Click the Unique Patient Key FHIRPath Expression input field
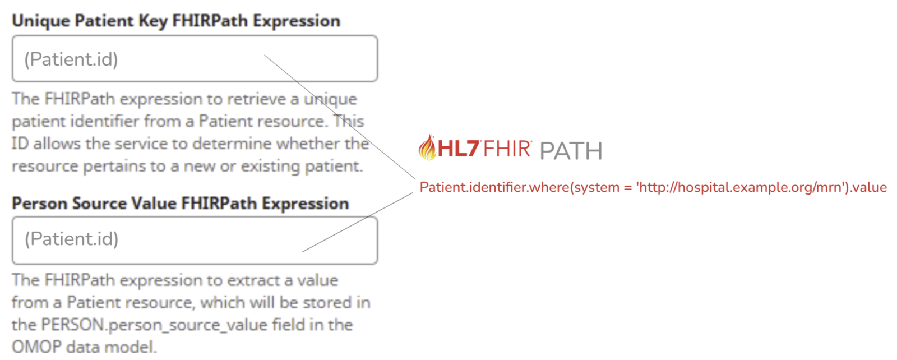click(195, 58)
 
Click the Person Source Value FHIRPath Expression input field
click(195, 240)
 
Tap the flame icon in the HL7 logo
click(427, 147)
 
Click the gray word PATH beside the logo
click(571, 151)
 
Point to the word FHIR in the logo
click(507, 149)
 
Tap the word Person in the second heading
click(39, 204)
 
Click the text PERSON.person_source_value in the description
click(154, 325)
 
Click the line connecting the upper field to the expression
click(340, 117)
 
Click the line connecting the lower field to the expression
click(357, 222)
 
